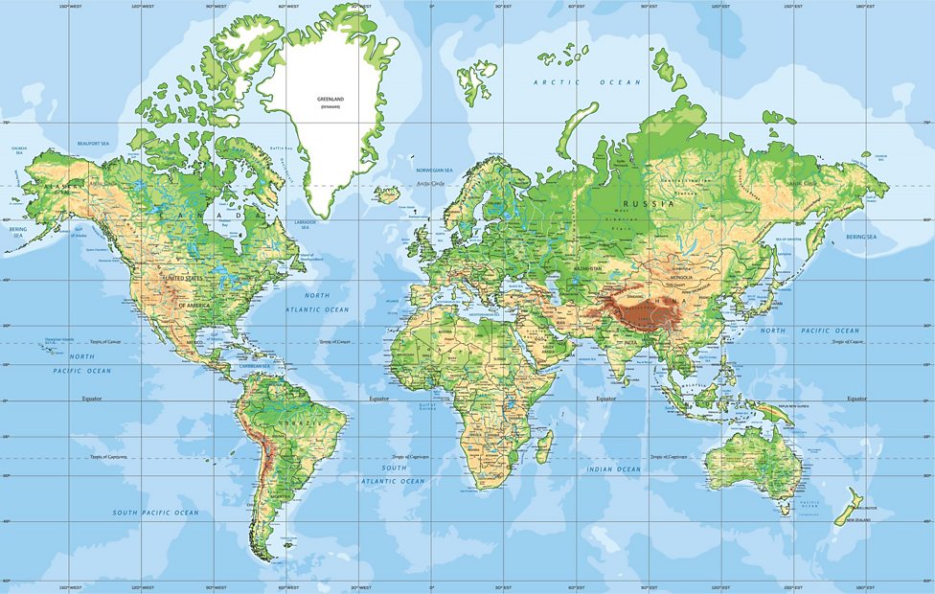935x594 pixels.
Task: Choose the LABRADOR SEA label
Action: (x=305, y=224)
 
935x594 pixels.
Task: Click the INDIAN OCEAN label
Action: (x=614, y=469)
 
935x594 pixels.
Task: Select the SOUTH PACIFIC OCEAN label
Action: (x=156, y=513)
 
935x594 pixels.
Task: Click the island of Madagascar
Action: (x=544, y=446)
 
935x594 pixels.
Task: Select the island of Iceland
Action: (x=387, y=194)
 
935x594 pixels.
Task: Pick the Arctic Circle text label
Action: (x=430, y=182)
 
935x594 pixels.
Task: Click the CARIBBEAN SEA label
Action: (x=254, y=365)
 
